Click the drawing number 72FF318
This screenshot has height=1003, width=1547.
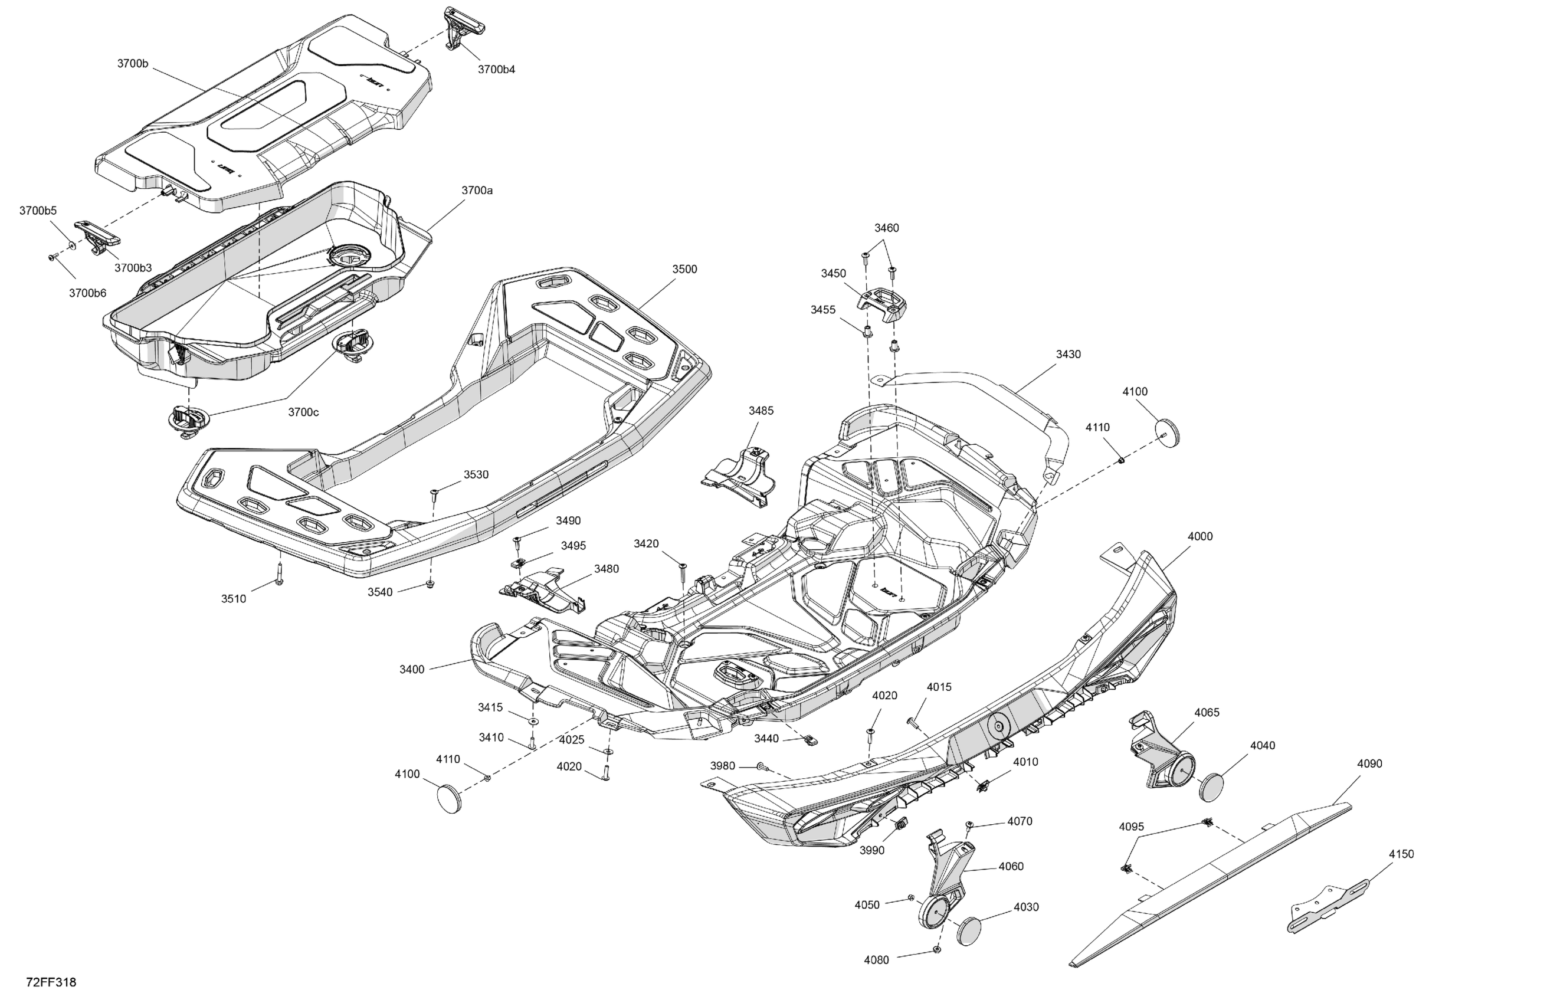51,982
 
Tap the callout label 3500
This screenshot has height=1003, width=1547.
684,269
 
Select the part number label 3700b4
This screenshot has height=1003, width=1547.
496,70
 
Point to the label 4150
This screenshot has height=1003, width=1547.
1401,854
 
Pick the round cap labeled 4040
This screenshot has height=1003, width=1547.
1210,787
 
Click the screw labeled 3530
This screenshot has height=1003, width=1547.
434,496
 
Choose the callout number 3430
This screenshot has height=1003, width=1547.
1068,354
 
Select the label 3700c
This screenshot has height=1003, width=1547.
303,412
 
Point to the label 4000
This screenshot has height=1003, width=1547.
1200,536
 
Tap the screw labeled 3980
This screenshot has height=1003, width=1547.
761,768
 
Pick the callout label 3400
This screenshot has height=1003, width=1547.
411,670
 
